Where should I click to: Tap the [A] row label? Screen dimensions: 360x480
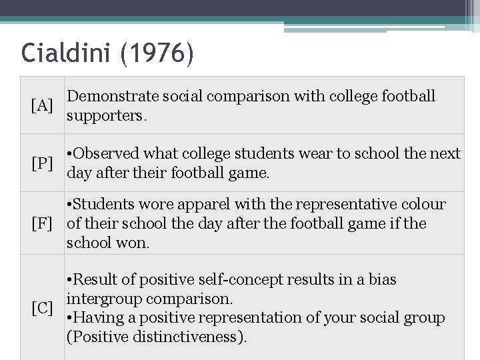click(42, 105)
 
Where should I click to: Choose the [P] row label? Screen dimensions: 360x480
click(42, 163)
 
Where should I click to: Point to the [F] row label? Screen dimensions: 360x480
click(42, 223)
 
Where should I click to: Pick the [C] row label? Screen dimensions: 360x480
click(42, 308)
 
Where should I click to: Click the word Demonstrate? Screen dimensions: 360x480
click(109, 96)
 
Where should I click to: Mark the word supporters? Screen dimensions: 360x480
click(105, 116)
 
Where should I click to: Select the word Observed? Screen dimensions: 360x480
click(107, 154)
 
